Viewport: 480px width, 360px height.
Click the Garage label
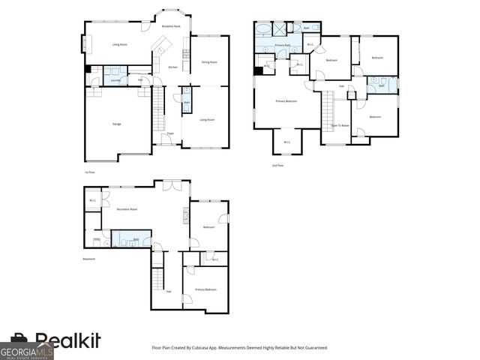116,124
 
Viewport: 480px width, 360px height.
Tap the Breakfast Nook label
171,26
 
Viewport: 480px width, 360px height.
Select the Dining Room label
209,62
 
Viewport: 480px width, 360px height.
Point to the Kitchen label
173,67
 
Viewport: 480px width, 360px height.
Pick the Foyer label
171,133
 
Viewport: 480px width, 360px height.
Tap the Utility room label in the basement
96,240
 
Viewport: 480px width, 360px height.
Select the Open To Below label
340,125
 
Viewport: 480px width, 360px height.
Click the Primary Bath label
283,46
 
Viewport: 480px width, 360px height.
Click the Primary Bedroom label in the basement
205,289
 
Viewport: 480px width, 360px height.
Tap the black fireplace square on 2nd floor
259,71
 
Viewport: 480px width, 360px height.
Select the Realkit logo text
67,341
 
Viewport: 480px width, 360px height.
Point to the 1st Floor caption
89,172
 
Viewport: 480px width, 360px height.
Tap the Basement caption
89,259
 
